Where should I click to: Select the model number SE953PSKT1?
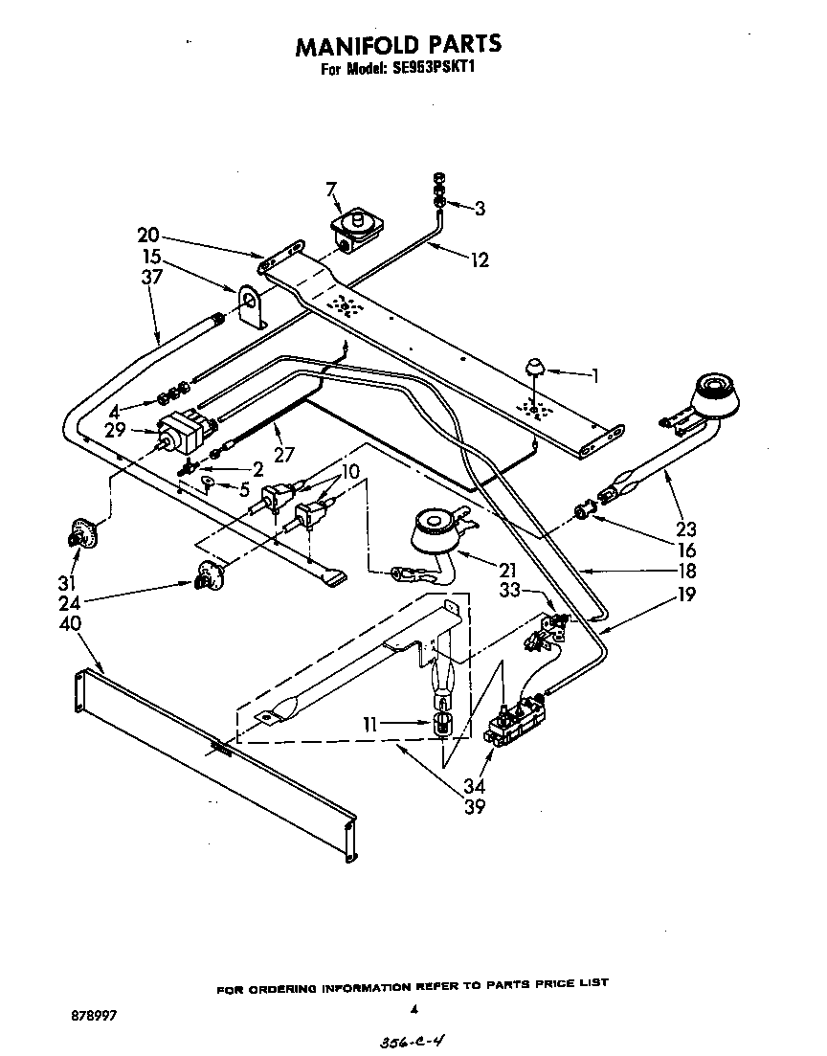[x=437, y=69]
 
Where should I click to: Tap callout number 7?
[x=331, y=190]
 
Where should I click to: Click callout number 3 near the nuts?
[x=480, y=207]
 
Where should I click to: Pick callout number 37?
[x=150, y=277]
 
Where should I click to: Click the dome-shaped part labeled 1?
[x=535, y=366]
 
